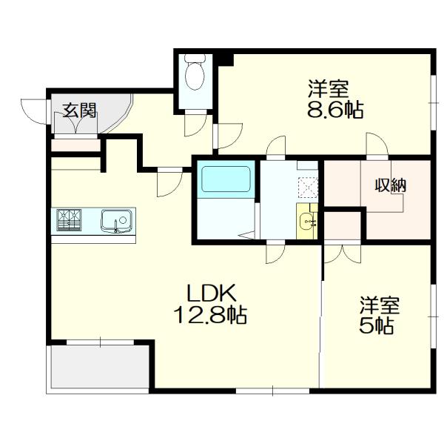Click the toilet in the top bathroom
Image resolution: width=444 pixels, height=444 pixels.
coord(195,73)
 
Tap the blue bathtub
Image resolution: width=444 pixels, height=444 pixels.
coord(226,180)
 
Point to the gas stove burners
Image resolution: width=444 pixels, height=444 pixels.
coord(69,219)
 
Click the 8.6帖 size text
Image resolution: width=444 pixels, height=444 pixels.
coord(334,111)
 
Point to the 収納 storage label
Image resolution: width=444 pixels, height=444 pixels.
coord(389,185)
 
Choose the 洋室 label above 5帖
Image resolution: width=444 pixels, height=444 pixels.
coord(380,305)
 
